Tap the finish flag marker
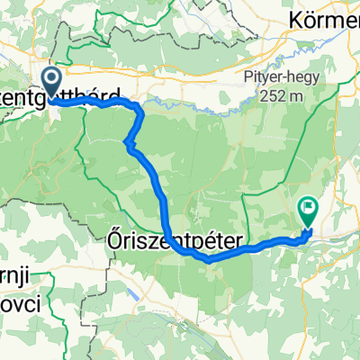(308, 211)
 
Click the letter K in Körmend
(294, 19)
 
